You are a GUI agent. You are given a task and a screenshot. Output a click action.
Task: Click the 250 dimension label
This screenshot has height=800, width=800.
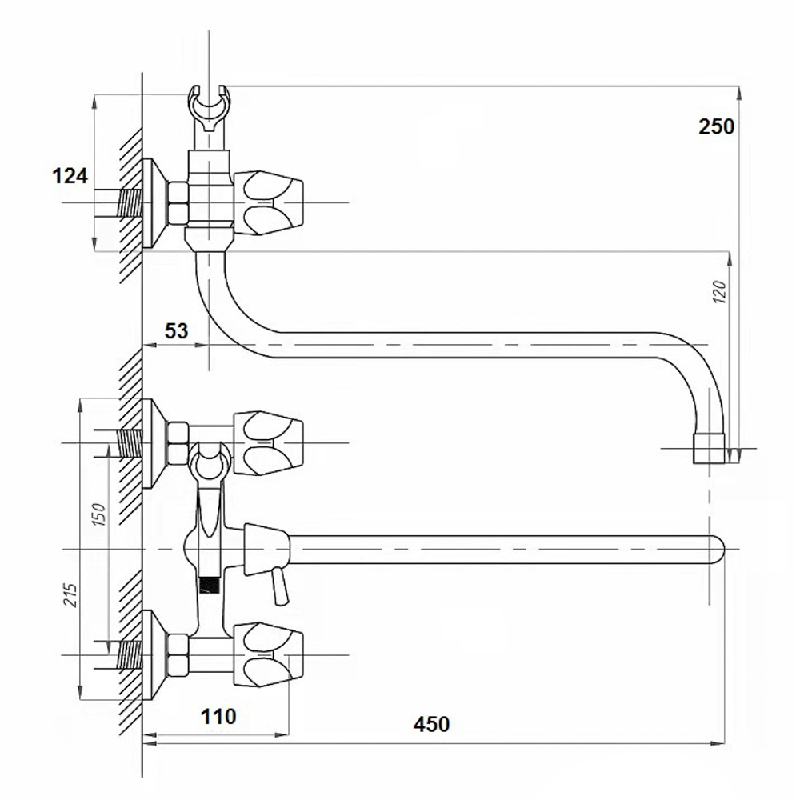click(x=716, y=126)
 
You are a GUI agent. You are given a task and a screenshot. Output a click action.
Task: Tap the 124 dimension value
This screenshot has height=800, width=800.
click(x=70, y=176)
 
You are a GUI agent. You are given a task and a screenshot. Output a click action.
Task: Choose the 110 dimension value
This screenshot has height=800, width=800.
click(x=218, y=716)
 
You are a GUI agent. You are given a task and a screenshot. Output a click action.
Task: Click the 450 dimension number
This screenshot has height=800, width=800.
click(x=432, y=724)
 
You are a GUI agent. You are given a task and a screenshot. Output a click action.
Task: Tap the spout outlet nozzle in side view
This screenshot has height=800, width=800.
click(x=709, y=447)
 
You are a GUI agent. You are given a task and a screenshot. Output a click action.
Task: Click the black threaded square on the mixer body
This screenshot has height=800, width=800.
click(x=209, y=584)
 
